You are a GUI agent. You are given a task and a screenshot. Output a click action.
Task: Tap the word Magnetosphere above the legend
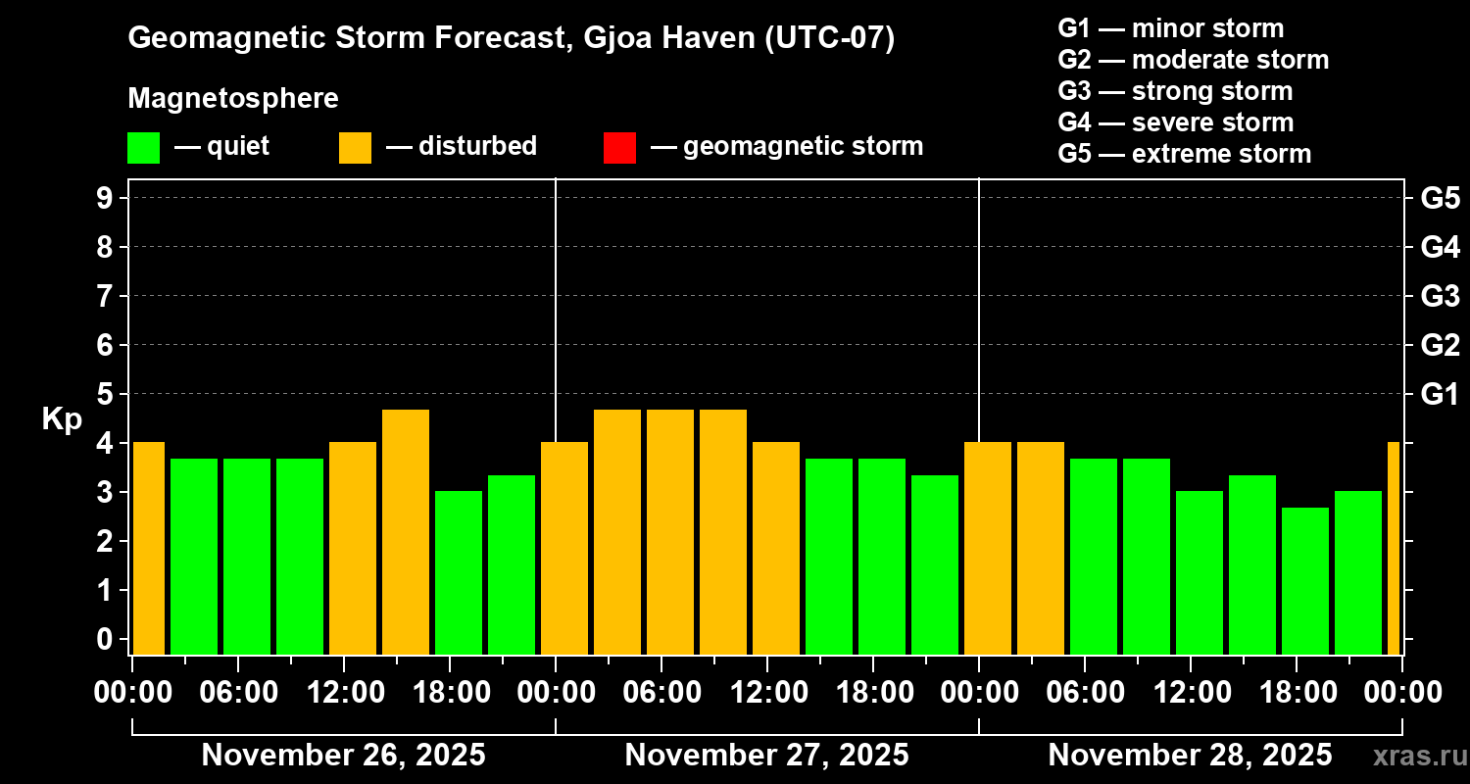pos(233,99)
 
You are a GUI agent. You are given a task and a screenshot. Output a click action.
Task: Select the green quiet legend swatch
pos(143,147)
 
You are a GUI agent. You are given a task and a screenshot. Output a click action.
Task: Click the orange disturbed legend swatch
pos(355,147)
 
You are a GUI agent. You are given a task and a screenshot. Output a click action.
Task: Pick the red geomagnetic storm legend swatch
pos(619,147)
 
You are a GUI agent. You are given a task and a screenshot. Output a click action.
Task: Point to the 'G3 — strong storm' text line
pos(1175,91)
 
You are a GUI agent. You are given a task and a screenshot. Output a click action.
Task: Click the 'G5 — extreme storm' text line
pos(1184,154)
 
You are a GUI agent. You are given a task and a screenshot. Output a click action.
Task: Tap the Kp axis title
pos(62,418)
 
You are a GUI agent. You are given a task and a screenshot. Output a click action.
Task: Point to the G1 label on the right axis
pos(1440,394)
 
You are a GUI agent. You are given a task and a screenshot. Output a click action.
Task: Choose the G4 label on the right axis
pos(1440,247)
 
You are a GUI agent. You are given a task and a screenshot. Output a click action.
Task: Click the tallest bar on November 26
pos(406,531)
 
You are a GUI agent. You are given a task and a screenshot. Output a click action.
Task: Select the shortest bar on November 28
pos(1305,580)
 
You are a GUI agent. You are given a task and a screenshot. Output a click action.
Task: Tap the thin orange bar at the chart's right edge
pos(1394,548)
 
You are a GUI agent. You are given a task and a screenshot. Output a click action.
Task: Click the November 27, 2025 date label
pos(766,756)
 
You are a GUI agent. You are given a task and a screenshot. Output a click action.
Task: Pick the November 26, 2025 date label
pos(343,756)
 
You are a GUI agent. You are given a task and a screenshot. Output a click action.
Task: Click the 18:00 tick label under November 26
pos(450,693)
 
